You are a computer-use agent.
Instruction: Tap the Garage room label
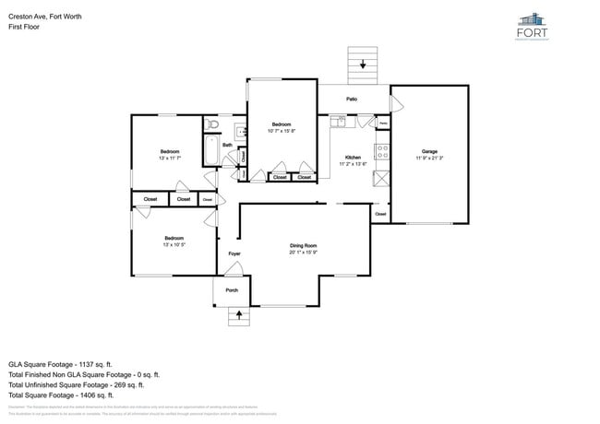pos(429,151)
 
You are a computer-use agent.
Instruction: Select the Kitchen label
pos(353,158)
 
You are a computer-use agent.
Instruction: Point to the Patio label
pos(352,99)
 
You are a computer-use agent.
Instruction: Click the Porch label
pos(232,290)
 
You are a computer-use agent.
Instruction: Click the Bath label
pos(226,145)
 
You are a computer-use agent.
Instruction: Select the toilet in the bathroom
pos(212,124)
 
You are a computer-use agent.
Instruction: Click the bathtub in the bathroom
pos(209,151)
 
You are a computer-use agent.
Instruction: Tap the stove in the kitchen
pos(380,150)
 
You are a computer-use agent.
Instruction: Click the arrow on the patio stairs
pos(363,65)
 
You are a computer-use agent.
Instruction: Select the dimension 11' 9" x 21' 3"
pos(429,159)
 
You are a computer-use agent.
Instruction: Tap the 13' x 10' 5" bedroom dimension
pos(168,245)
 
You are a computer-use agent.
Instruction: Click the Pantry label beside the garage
pos(382,123)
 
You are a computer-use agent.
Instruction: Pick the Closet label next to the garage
pos(380,214)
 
